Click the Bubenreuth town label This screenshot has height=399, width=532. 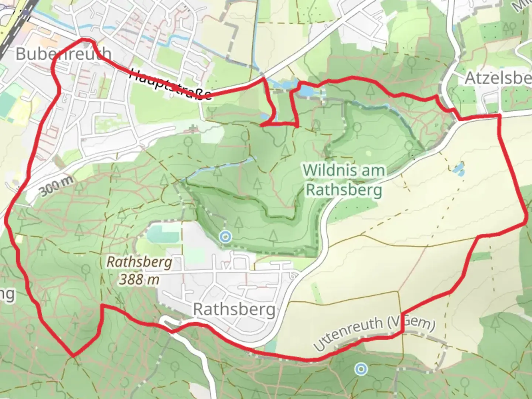click(x=63, y=54)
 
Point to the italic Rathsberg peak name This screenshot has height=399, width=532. click(x=139, y=262)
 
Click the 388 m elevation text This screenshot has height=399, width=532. click(x=139, y=279)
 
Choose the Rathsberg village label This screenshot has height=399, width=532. click(x=234, y=310)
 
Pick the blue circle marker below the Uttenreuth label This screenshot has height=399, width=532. click(x=361, y=369)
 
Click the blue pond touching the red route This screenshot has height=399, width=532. click(x=306, y=91)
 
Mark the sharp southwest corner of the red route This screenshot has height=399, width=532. click(x=73, y=356)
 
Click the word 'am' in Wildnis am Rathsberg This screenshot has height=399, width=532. click(x=372, y=171)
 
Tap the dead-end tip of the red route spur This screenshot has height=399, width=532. click(x=262, y=126)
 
